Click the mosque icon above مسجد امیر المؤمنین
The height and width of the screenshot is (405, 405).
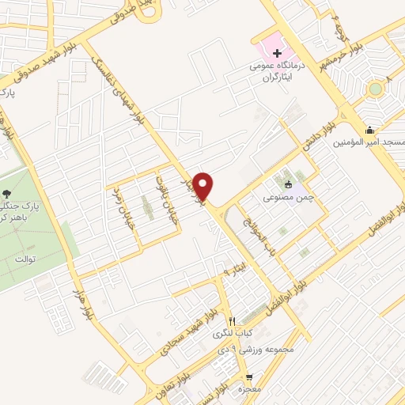click(369, 131)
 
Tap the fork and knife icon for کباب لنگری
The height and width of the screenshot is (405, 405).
click(231, 321)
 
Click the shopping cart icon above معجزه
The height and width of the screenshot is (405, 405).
click(250, 377)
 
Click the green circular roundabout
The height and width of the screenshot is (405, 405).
click(374, 89)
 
